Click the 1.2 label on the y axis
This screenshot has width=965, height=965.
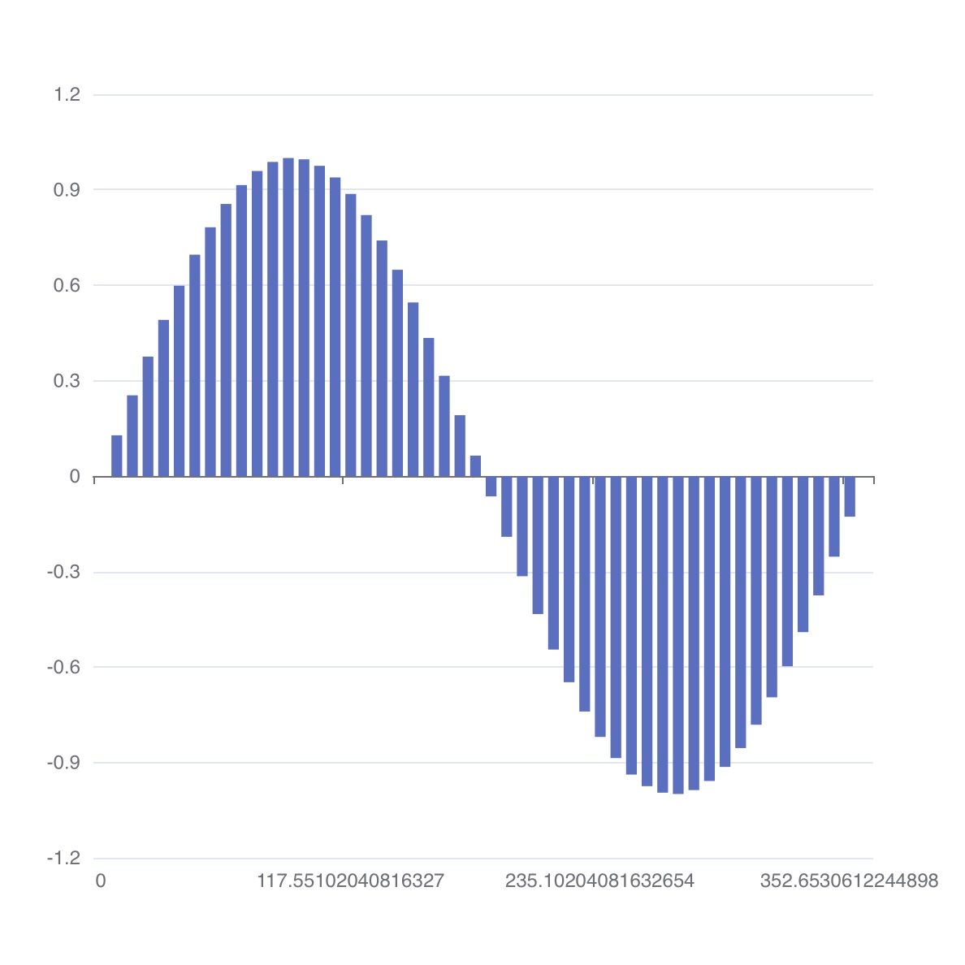point(67,95)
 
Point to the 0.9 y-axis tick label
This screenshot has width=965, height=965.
point(67,190)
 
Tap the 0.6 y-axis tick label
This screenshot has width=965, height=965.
point(67,285)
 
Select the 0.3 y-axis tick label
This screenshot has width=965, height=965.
point(67,381)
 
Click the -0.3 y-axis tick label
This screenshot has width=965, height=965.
point(63,572)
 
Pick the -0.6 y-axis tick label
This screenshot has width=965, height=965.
point(63,667)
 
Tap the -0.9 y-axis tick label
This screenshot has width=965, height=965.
point(63,763)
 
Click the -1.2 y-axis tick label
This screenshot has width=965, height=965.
point(63,858)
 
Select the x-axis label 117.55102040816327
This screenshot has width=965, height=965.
point(350,881)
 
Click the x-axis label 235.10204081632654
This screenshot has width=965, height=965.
point(599,881)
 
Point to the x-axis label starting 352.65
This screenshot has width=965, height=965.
point(849,881)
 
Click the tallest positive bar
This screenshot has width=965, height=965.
point(288,317)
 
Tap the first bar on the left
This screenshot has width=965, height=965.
point(117,456)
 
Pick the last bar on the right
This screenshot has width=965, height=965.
point(850,496)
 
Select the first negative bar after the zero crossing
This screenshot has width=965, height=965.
point(491,487)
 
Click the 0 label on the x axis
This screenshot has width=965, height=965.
point(101,881)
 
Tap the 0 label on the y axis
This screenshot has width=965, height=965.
point(75,477)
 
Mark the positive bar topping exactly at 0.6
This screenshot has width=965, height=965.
point(179,381)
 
